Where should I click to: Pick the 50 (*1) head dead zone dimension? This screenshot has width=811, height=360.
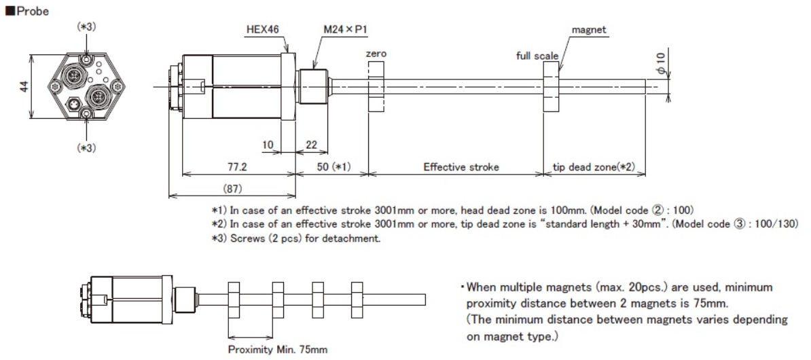pos(331,166)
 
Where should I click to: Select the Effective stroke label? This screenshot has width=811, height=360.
pos(455,166)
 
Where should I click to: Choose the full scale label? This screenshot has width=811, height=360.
pos(537,54)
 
